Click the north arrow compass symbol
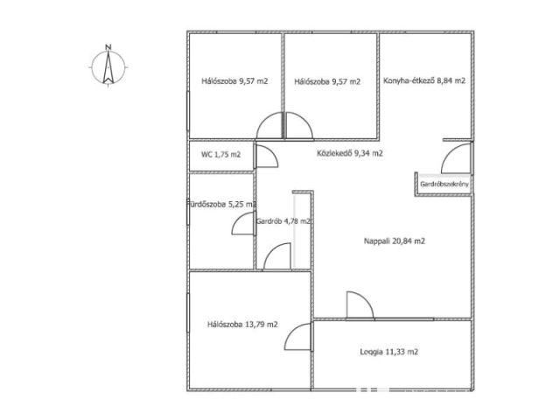[108, 67]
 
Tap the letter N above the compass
[108, 46]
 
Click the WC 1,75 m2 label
[220, 155]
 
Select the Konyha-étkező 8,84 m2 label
[424, 80]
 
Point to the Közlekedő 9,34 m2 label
[350, 154]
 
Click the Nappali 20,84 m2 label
[395, 241]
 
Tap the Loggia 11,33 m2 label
[388, 352]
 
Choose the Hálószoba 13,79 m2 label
[242, 325]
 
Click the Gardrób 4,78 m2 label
[283, 221]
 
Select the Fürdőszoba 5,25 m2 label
[221, 205]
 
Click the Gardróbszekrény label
[444, 185]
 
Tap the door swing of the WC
[267, 157]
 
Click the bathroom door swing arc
[243, 224]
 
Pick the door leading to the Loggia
[360, 305]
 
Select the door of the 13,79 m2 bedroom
[298, 337]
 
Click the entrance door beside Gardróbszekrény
[457, 157]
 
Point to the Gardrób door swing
[277, 256]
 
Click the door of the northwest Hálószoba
[270, 125]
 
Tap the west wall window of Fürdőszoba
[188, 212]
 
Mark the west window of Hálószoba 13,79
[188, 313]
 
